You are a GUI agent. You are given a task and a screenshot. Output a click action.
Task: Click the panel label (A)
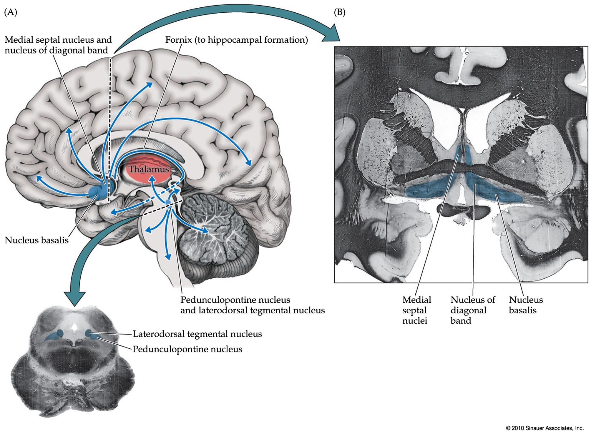[x=11, y=13]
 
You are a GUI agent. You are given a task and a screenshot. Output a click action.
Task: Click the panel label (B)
[x=340, y=13]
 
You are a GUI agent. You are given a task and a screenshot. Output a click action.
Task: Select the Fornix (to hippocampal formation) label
[x=236, y=40]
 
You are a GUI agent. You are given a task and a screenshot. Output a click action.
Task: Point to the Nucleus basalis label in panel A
[x=36, y=240]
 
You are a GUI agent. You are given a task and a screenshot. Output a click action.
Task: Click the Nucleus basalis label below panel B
[x=526, y=305]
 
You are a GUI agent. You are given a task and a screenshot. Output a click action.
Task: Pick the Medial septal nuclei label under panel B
[x=416, y=310]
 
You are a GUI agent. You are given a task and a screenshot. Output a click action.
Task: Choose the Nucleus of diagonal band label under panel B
[x=473, y=310]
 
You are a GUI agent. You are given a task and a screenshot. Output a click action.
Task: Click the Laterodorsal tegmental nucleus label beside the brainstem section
[x=197, y=334]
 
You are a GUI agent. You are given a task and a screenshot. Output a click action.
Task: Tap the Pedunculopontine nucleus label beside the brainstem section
[x=187, y=349]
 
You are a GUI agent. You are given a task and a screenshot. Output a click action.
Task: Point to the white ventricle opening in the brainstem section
[x=75, y=327]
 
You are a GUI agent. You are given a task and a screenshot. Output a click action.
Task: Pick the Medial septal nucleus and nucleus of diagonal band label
[x=58, y=45]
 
